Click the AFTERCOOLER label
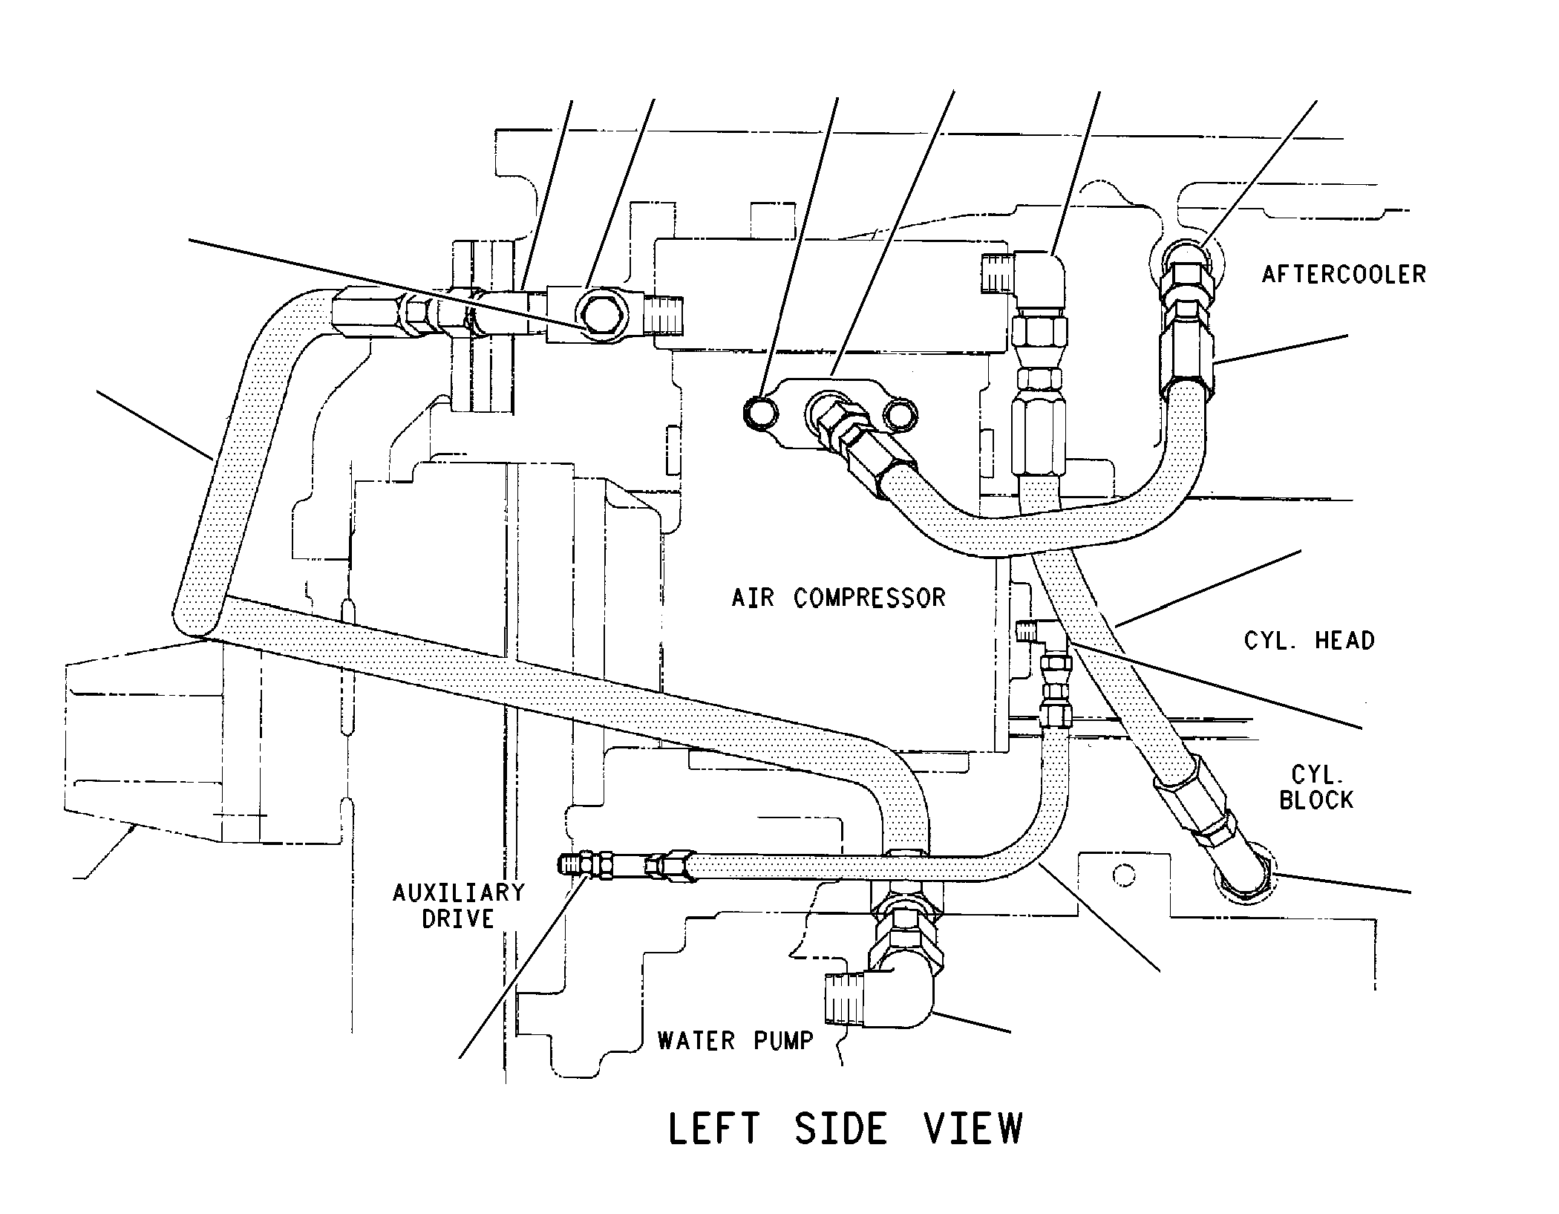point(1344,274)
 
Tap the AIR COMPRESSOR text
point(838,598)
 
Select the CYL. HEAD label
point(1309,640)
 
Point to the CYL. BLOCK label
point(1316,788)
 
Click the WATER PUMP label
point(735,1040)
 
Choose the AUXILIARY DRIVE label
point(458,905)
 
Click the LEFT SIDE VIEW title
point(846,1128)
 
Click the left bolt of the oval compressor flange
point(761,412)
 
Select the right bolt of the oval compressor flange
point(900,414)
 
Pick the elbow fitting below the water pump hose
point(883,991)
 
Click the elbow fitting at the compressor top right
point(1024,282)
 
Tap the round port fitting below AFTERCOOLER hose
point(1185,264)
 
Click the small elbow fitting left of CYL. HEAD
point(1043,635)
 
